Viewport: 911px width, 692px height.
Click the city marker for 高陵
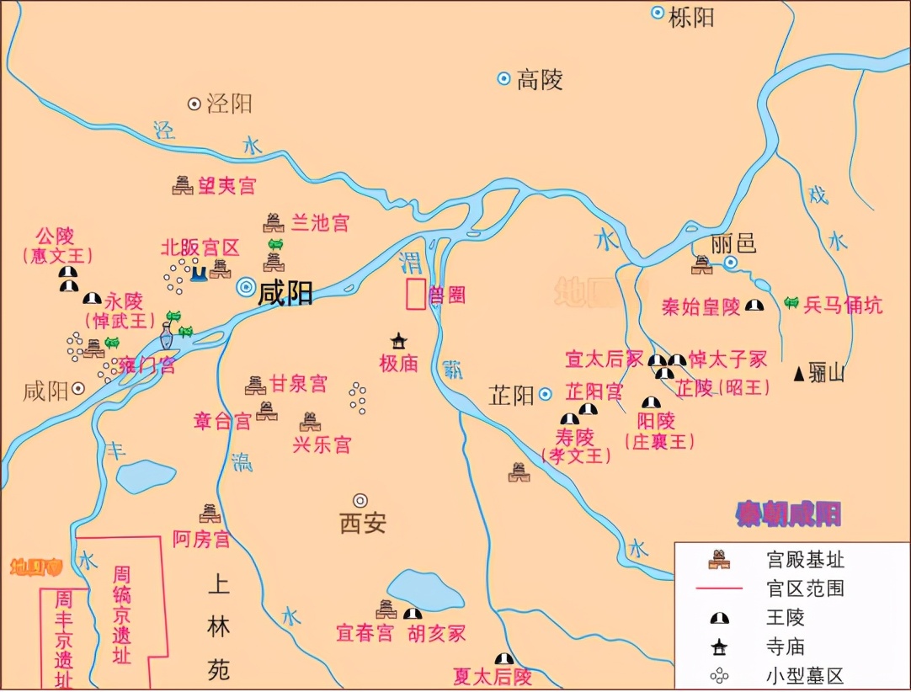[x=503, y=79]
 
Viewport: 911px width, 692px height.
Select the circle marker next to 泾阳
[x=194, y=104]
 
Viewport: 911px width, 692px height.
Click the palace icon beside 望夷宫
[x=182, y=185]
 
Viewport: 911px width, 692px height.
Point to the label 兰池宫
[x=319, y=223]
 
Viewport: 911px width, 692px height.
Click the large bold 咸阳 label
[x=285, y=292]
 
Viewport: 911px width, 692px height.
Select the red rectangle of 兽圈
[x=414, y=293]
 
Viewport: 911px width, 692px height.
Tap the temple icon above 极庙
[x=398, y=340]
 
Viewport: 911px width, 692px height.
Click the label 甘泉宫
[x=298, y=385]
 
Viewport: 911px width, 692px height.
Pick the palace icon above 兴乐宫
[x=309, y=422]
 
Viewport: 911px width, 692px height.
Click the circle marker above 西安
[x=360, y=500]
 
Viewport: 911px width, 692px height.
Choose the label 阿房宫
[x=201, y=540]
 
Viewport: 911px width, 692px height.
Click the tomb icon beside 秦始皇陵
[x=756, y=306]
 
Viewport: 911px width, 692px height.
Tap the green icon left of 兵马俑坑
[x=791, y=303]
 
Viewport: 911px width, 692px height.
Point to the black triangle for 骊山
[x=799, y=372]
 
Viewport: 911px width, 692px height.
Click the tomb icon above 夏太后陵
[x=503, y=658]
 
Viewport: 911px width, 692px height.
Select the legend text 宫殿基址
[x=805, y=559]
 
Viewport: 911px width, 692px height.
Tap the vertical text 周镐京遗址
[x=122, y=615]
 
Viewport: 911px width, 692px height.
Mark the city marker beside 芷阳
[x=546, y=393]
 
